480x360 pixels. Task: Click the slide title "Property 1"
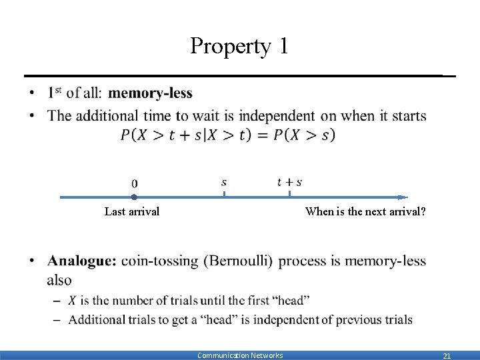coord(239,46)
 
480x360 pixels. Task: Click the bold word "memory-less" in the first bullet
coord(150,93)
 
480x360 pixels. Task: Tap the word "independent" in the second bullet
coord(277,116)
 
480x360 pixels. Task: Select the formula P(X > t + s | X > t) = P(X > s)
coord(228,135)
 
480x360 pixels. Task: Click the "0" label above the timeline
coord(135,183)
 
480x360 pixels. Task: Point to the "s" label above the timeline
coord(224,181)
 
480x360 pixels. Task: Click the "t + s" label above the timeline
coord(289,182)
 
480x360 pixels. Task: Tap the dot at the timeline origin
coord(134,197)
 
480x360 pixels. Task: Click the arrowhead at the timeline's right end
coord(403,197)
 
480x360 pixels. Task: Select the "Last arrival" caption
coord(132,212)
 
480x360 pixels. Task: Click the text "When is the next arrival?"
coord(365,212)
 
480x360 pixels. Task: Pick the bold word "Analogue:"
coord(82,261)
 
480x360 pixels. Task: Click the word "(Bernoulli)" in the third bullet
coord(238,261)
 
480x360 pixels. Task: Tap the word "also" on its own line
coord(59,279)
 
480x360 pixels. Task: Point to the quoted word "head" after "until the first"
coord(291,301)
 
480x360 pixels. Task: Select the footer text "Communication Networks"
coord(240,355)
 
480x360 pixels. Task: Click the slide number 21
coord(447,356)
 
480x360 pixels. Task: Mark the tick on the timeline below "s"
coord(224,194)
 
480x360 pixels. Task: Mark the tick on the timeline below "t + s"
coord(289,194)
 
